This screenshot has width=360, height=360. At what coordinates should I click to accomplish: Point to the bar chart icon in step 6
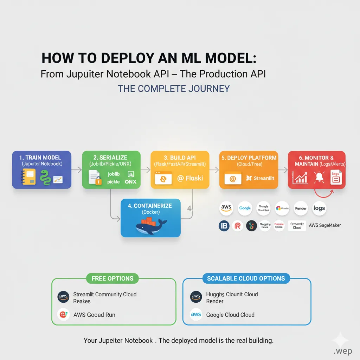coord(300,178)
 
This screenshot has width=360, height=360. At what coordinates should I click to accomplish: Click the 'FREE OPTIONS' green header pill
coord(112,278)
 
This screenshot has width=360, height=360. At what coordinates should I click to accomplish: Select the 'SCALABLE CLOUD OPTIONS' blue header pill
coord(246,278)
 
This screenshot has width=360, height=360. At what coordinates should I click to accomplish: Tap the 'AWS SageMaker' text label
coord(324,225)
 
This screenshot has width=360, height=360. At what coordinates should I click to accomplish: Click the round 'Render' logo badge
coord(301,208)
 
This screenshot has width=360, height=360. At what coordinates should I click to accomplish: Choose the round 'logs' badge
coord(319,208)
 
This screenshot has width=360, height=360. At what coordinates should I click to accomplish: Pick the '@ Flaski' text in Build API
coord(190,178)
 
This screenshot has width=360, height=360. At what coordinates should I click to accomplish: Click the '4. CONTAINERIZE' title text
coord(150,206)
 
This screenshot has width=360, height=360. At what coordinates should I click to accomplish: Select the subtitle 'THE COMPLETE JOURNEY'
coord(173,88)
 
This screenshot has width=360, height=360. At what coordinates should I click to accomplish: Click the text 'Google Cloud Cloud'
coord(230,315)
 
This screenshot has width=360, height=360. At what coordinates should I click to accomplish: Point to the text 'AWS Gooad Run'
coord(94,315)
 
